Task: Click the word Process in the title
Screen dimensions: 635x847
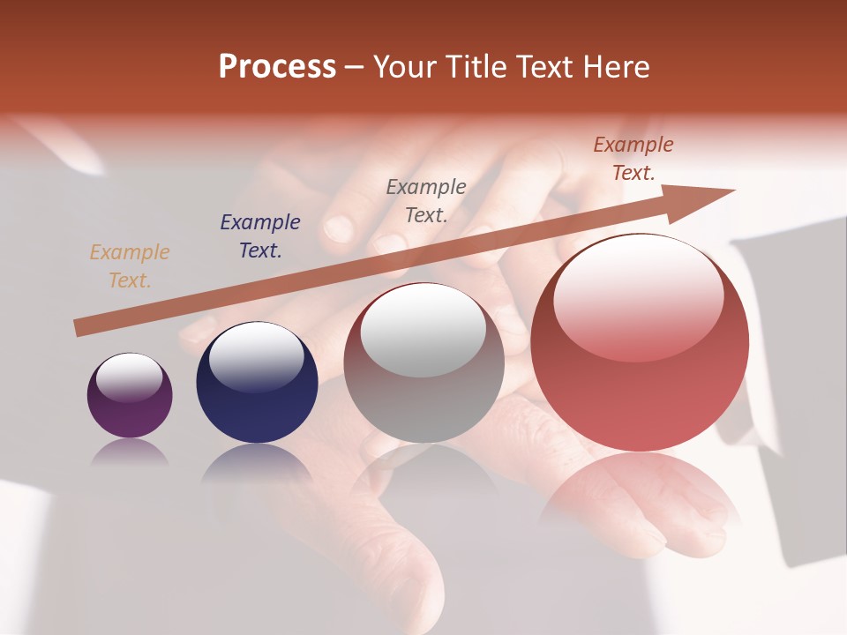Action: pyautogui.click(x=277, y=67)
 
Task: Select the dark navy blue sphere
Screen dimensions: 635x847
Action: pyautogui.click(x=257, y=384)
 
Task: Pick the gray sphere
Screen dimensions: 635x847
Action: pyautogui.click(x=423, y=363)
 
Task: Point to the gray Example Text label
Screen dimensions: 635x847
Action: pyautogui.click(x=426, y=200)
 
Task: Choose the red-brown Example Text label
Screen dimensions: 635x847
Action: pyautogui.click(x=633, y=159)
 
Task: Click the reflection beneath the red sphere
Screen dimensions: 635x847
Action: pyautogui.click(x=640, y=494)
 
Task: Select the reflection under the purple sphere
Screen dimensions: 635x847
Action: pyautogui.click(x=130, y=452)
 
